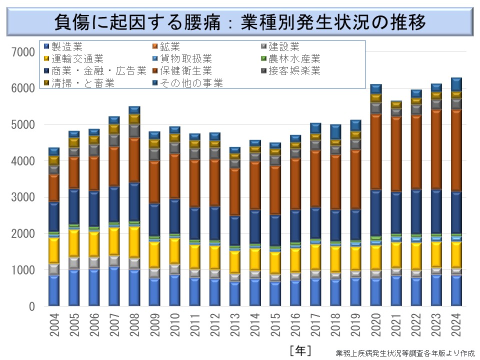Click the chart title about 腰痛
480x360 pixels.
240,22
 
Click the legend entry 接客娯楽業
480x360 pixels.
294,70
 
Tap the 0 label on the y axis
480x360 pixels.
31,306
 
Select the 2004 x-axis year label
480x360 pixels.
54,324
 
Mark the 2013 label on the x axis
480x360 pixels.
235,324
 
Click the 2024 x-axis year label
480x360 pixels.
456,324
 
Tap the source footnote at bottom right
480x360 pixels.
405,352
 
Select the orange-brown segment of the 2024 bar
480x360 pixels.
456,150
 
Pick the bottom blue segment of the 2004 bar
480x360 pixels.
54,290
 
